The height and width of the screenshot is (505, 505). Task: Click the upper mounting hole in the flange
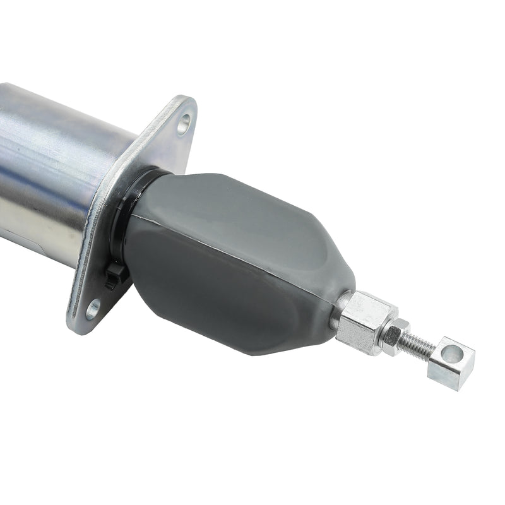(x=183, y=123)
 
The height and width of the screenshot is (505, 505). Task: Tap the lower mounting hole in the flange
(x=93, y=309)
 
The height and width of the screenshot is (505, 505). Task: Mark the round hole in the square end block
(x=452, y=354)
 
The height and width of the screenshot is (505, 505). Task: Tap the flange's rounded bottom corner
(x=79, y=325)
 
